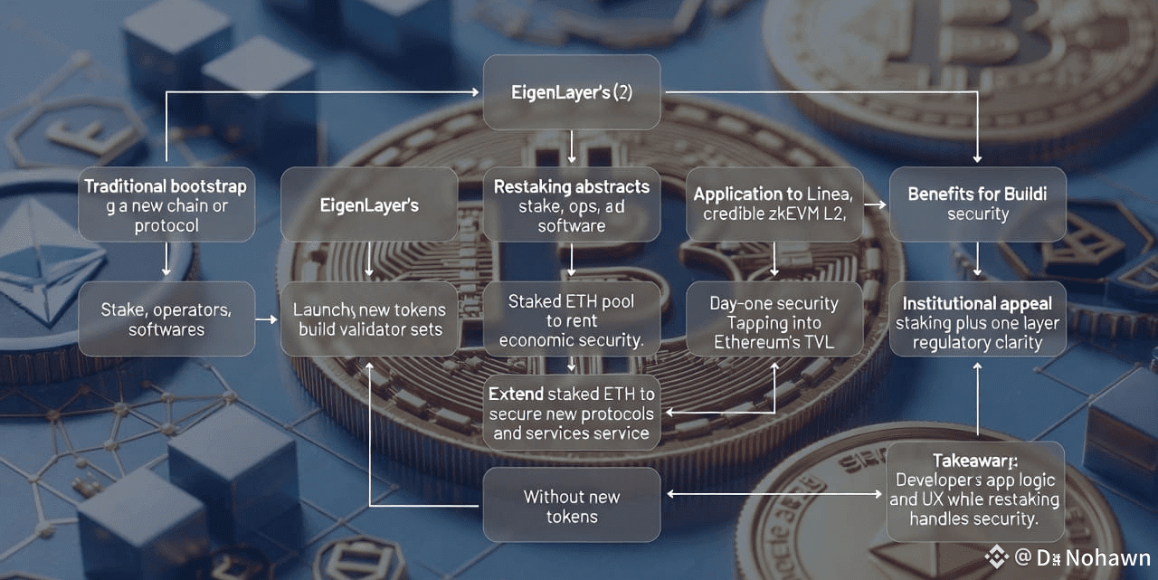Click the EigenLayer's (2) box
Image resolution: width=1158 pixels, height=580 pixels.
(x=571, y=91)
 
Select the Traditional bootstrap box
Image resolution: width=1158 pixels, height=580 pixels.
(x=166, y=204)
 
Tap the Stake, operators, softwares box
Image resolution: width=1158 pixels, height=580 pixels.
(x=166, y=319)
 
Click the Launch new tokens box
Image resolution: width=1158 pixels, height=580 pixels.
(x=369, y=319)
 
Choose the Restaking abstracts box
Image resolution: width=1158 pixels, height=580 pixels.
(x=571, y=204)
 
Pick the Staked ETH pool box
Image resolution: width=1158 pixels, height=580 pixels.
(x=571, y=319)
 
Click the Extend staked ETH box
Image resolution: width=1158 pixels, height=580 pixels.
(x=571, y=413)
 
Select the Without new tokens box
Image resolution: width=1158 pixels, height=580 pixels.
(x=571, y=505)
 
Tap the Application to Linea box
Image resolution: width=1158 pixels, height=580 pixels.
(x=774, y=204)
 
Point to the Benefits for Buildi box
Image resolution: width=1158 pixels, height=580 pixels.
(x=977, y=204)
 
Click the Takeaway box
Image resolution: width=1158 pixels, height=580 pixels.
(x=975, y=490)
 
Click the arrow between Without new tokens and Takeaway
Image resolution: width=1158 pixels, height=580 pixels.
(x=774, y=495)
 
